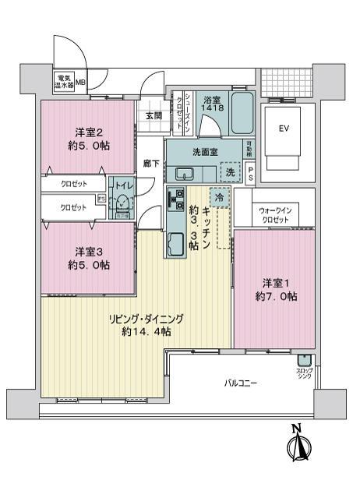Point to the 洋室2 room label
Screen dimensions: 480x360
point(88,138)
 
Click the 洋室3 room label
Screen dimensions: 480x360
point(87,258)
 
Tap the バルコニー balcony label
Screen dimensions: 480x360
point(241,383)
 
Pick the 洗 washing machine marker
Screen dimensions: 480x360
point(230,172)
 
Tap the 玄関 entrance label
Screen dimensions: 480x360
point(153,116)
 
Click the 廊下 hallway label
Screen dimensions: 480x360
point(151,164)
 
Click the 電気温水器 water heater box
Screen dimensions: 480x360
point(64,81)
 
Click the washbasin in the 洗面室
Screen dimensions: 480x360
point(185,172)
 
